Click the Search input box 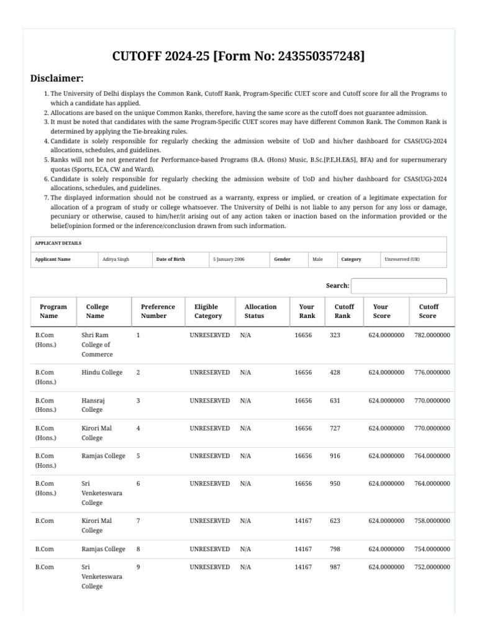399,286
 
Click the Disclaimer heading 57,78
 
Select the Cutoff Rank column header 344,311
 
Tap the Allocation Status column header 260,311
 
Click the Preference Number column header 158,311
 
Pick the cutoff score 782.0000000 432,335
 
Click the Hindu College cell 102,373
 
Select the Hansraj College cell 93,405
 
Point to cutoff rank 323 335,335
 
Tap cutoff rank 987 335,567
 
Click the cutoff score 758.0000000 432,521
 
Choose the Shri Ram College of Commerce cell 97,345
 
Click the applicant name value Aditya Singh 116,259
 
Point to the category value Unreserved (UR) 402,259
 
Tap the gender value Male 317,259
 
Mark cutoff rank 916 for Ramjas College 335,456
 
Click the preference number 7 138,521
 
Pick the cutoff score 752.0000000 432,567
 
